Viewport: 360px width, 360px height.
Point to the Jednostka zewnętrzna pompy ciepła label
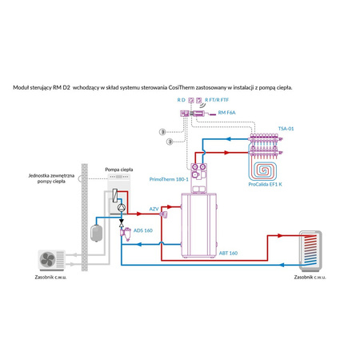click(50, 178)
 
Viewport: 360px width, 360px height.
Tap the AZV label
click(154, 208)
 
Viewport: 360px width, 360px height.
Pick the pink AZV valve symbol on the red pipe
click(163, 214)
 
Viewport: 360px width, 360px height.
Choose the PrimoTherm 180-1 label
click(168, 180)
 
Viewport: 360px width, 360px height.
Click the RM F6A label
click(227, 114)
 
